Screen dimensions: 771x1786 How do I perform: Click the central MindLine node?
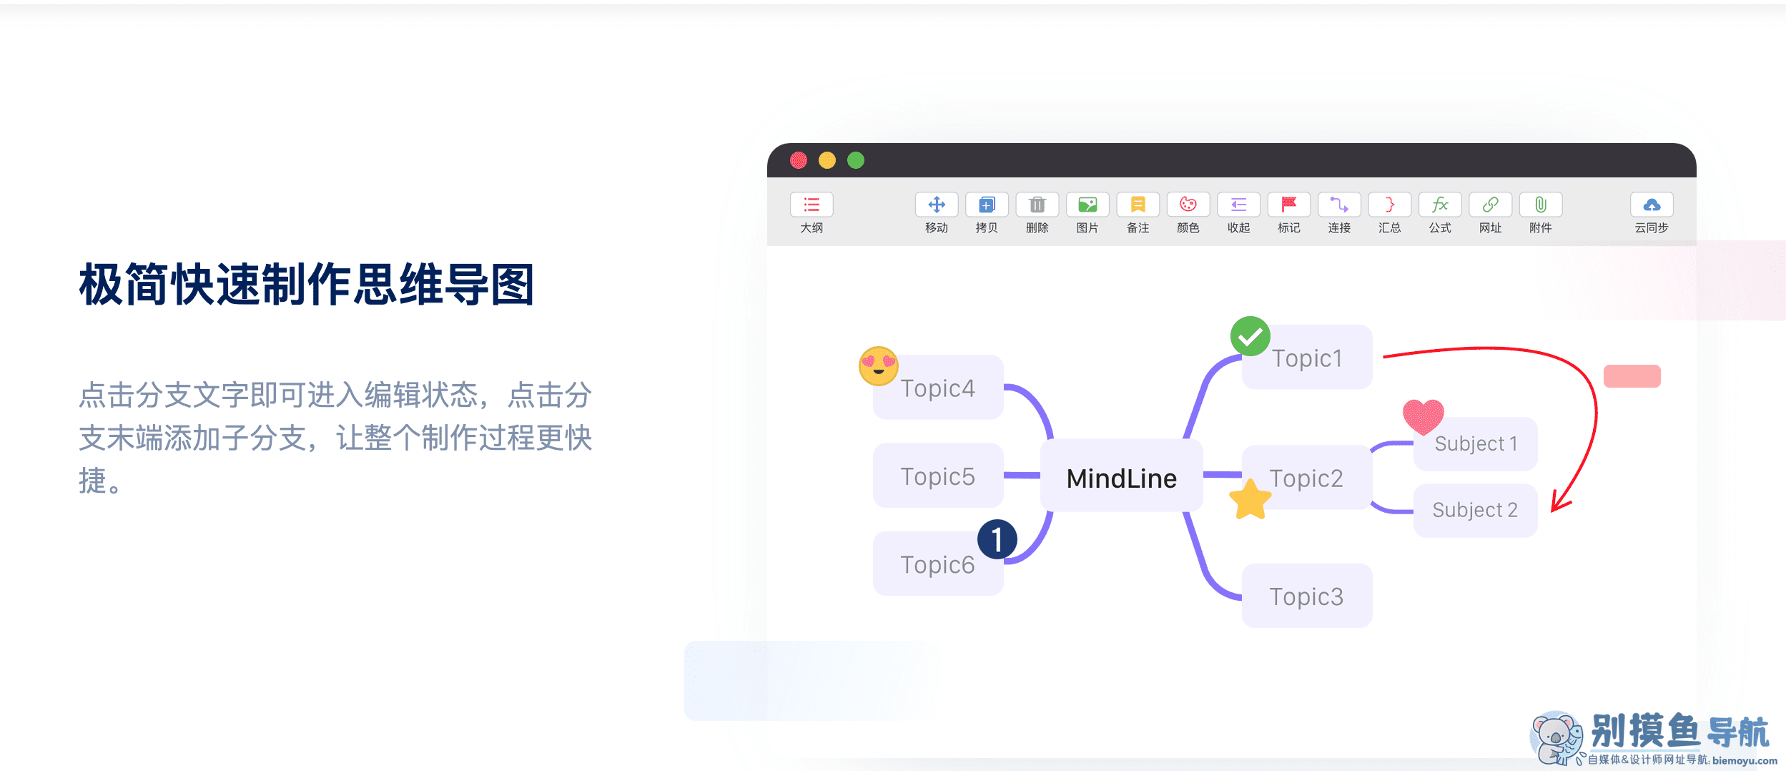point(1121,478)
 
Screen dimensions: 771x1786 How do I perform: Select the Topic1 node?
point(1307,358)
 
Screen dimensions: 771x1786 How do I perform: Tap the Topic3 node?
point(1306,596)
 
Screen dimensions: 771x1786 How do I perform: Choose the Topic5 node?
point(937,476)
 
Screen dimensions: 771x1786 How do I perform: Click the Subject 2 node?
point(1474,510)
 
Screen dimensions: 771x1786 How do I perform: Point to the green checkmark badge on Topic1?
point(1250,336)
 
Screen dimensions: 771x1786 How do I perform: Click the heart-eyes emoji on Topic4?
point(878,365)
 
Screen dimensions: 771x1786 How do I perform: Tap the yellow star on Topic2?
point(1250,500)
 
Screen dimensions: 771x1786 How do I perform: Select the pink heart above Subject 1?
point(1423,416)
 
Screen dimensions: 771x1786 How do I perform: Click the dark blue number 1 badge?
point(997,539)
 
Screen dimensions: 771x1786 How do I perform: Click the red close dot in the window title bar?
point(799,160)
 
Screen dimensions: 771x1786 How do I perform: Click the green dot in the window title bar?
point(856,160)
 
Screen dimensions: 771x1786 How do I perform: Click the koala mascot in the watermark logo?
point(1556,737)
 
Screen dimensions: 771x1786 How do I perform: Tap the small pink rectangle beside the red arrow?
point(1632,376)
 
